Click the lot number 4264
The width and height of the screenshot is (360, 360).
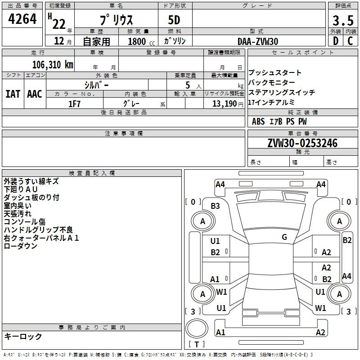pyautogui.click(x=22, y=20)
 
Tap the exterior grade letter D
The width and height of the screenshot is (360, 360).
pyautogui.click(x=335, y=41)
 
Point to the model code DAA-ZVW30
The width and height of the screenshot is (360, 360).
pyautogui.click(x=258, y=41)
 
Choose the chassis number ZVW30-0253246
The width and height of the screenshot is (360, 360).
pyautogui.click(x=302, y=144)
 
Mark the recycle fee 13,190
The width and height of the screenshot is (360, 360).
pyautogui.click(x=225, y=103)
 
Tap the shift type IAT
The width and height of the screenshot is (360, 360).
pyautogui.click(x=13, y=94)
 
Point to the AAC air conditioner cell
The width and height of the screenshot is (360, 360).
pyautogui.click(x=35, y=94)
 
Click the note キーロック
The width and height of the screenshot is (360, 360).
pyautogui.click(x=23, y=337)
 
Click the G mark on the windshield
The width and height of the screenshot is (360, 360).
pyautogui.click(x=284, y=237)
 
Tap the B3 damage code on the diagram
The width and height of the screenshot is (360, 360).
pyautogui.click(x=215, y=206)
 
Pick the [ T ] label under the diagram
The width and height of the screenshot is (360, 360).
pyautogui.click(x=196, y=345)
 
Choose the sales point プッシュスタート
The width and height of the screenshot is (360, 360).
pyautogui.click(x=275, y=73)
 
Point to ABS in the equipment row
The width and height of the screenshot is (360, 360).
pyautogui.click(x=258, y=121)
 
